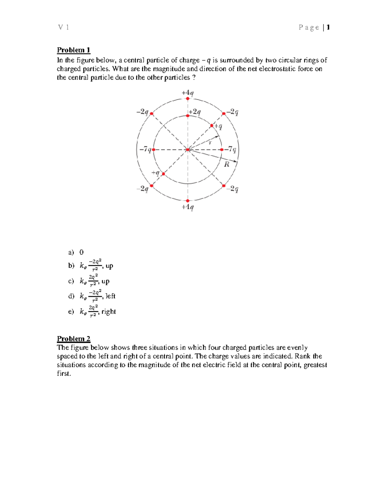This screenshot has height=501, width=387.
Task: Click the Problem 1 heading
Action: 74,50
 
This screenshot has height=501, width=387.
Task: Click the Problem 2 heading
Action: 74,339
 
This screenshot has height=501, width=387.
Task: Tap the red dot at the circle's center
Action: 188,149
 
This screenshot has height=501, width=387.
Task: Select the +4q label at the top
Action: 188,93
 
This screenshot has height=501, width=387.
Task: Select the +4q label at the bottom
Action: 188,207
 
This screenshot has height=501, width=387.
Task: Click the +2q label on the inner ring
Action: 195,112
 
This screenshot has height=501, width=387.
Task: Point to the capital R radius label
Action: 227,165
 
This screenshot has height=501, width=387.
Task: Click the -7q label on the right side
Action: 231,149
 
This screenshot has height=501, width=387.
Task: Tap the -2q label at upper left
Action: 142,112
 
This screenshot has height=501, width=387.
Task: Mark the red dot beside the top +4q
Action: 188,99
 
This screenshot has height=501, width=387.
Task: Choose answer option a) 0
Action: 81,252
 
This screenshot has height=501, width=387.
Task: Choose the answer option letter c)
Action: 71,281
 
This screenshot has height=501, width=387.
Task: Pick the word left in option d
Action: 110,296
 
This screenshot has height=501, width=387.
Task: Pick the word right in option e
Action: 108,311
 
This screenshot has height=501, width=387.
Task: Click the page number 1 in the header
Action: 328,27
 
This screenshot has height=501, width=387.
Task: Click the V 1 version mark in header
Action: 64,27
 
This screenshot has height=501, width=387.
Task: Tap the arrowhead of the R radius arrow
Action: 237,162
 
